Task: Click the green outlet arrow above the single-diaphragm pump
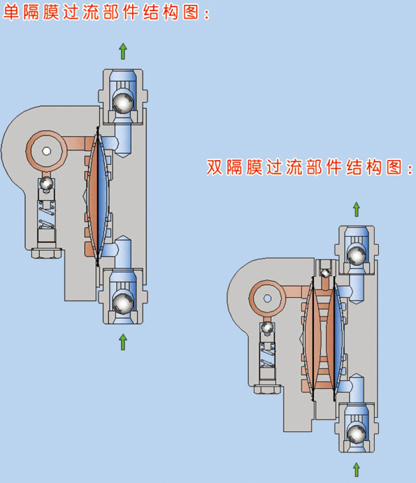[123, 51]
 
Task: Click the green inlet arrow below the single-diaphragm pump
[123, 342]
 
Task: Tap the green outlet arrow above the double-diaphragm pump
[357, 210]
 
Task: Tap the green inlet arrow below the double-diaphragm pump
[357, 470]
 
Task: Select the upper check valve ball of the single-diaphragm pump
[122, 103]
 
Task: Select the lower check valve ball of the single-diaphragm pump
[122, 303]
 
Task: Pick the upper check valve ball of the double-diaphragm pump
[357, 255]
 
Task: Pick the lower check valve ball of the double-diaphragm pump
[357, 433]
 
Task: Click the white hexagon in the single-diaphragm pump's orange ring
[47, 151]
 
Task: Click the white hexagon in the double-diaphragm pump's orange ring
[268, 298]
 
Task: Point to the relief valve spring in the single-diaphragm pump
[47, 215]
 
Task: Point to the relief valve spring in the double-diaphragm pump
[268, 356]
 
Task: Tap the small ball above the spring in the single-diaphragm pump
[47, 184]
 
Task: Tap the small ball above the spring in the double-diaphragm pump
[267, 327]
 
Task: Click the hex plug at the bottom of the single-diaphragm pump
[47, 253]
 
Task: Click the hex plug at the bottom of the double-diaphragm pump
[268, 389]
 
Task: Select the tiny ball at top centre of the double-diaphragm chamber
[325, 273]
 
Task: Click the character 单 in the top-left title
[10, 13]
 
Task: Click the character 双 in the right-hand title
[215, 167]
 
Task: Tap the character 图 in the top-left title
[192, 13]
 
